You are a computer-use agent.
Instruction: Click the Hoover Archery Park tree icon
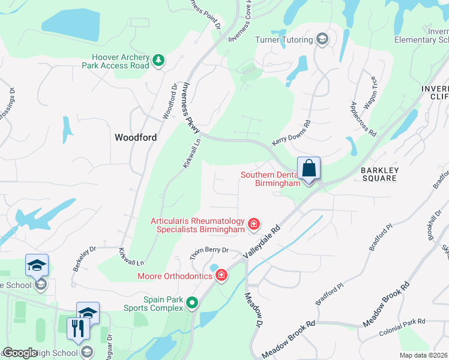(x=158, y=59)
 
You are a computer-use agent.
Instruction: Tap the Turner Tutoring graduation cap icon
(x=323, y=40)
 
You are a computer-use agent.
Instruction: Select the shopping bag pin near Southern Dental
(x=309, y=169)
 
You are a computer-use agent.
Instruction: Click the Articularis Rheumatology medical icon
(x=254, y=224)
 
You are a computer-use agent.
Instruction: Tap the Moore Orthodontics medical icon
(x=221, y=275)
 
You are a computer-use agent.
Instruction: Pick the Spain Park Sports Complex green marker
(x=192, y=303)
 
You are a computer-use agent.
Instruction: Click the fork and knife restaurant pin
(x=77, y=328)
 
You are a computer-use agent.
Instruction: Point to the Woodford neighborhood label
(x=136, y=137)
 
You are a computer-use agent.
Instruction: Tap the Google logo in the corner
(x=20, y=353)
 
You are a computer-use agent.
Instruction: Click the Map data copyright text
(x=423, y=355)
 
